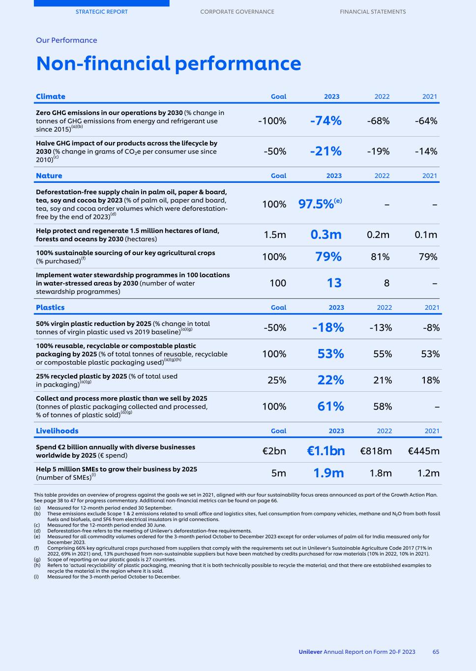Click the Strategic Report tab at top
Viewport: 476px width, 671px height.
(x=101, y=12)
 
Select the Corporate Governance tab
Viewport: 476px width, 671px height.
(x=237, y=12)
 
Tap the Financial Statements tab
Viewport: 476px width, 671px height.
(x=373, y=12)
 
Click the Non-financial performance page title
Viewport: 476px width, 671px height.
(x=168, y=64)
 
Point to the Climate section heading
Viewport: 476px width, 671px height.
(x=51, y=97)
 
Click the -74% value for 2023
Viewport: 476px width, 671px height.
(x=326, y=121)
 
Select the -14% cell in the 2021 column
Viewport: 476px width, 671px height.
(x=426, y=151)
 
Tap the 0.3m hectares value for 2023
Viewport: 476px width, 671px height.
(x=326, y=234)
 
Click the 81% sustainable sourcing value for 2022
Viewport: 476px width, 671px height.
(x=380, y=257)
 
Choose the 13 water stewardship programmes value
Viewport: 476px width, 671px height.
(x=334, y=283)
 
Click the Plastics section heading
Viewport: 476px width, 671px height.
(x=50, y=308)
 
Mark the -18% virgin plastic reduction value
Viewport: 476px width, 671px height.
(x=328, y=328)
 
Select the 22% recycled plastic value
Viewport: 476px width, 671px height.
(x=330, y=380)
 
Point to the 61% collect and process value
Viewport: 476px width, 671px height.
(x=330, y=407)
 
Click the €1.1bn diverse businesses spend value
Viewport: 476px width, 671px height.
(x=326, y=451)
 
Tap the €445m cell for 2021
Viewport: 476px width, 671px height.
(x=424, y=451)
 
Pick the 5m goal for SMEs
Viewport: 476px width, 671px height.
(x=278, y=473)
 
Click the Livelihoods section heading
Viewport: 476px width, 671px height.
(x=57, y=431)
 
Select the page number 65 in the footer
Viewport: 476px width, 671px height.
(x=436, y=652)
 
